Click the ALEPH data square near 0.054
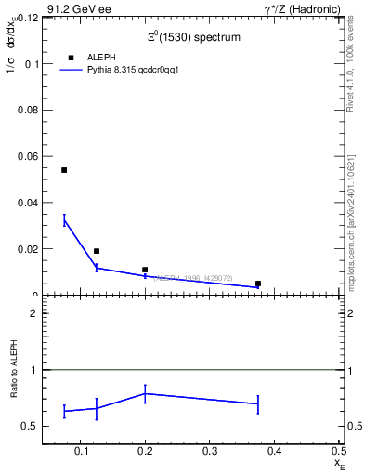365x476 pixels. click(64, 170)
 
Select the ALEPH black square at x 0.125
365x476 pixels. click(97, 251)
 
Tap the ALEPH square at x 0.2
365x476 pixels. click(145, 270)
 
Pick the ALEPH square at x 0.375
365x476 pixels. click(258, 284)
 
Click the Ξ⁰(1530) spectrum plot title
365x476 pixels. click(193, 38)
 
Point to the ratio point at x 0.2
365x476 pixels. click(145, 393)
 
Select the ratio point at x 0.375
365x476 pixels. click(258, 403)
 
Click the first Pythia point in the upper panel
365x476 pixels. click(64, 219)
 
